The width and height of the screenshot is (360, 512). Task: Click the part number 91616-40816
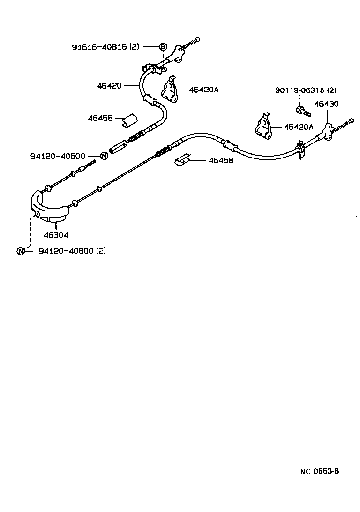tap(99, 47)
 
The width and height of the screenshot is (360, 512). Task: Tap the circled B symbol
tap(163, 46)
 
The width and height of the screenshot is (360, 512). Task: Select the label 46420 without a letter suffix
tap(109, 86)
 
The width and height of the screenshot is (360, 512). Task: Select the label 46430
tap(326, 104)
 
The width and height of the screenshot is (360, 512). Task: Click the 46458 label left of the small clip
tap(100, 118)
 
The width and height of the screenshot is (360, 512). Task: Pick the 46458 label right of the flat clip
tap(221, 160)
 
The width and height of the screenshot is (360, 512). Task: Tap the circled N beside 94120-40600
tap(104, 156)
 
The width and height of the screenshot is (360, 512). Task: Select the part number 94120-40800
tap(66, 251)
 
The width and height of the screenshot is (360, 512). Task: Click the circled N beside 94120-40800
tap(21, 251)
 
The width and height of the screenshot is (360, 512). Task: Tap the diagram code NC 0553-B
tap(320, 471)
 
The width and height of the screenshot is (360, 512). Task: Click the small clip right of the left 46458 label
tap(128, 120)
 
